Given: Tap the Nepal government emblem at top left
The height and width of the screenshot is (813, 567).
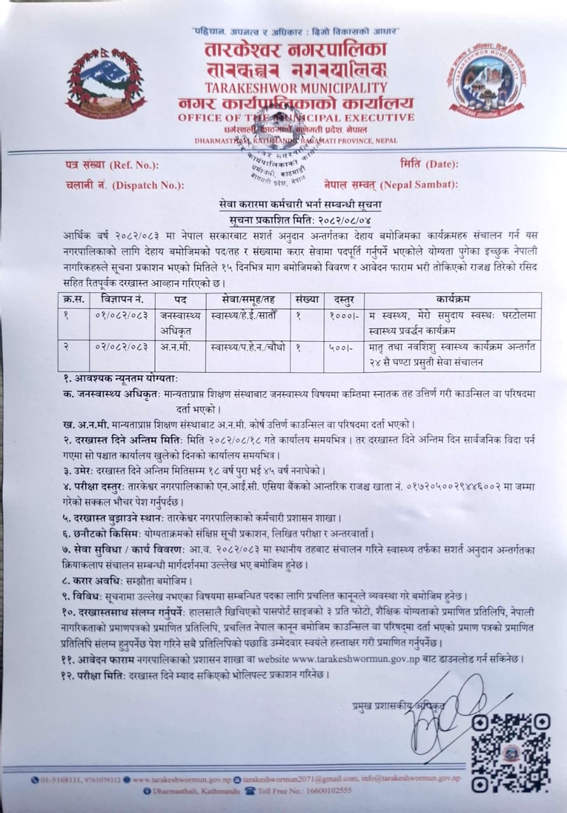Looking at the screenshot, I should (x=106, y=83).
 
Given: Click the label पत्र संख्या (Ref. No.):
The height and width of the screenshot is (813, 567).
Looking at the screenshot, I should (x=112, y=166).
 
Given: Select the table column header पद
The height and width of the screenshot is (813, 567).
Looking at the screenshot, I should (x=180, y=299).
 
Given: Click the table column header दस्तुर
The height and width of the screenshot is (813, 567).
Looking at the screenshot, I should (x=343, y=299).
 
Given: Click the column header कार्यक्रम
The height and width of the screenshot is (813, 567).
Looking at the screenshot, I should (x=452, y=299).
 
